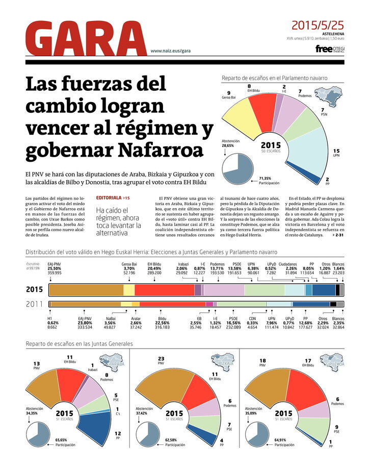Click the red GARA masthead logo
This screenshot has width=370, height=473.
coord(86,39)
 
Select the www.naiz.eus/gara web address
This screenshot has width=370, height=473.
coord(170,51)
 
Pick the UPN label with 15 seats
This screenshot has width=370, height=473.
coord(336,153)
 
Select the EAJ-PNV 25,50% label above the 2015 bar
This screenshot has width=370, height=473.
coord(55,268)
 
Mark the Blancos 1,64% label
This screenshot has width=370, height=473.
coord(338,268)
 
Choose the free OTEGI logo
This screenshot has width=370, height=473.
coord(330,49)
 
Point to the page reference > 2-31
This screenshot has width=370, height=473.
coord(336,235)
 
